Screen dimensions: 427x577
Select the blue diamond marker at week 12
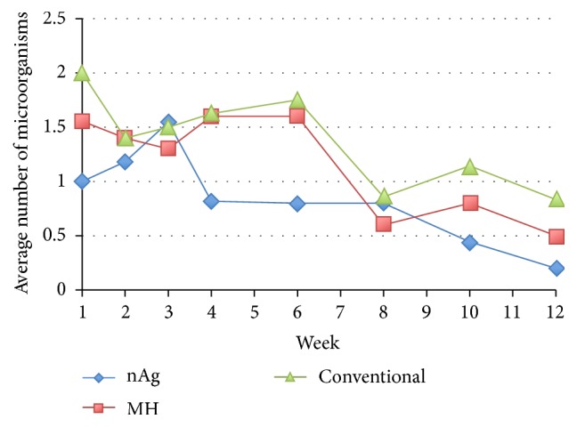tap(557, 268)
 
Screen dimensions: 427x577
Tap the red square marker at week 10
tap(470, 203)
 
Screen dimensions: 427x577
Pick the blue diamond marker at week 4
tap(211, 201)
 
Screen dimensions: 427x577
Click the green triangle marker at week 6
tap(297, 101)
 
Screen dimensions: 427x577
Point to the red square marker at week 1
tap(82, 121)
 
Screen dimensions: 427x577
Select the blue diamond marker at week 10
tap(470, 242)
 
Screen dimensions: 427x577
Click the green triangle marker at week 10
tap(470, 166)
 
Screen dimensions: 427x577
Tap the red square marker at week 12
tap(557, 237)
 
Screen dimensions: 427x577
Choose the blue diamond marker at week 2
tap(126, 162)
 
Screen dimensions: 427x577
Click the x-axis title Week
tap(319, 342)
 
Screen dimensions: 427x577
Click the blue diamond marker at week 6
tap(297, 203)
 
